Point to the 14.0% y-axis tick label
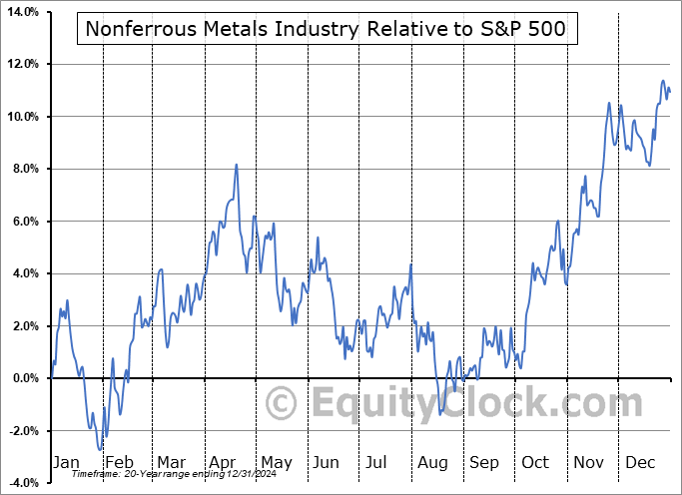[22, 12]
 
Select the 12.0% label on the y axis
[22, 64]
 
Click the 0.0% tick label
[24, 378]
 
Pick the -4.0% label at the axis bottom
[22, 483]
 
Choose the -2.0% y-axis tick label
[22, 430]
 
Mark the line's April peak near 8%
[236, 165]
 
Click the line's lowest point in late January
[100, 450]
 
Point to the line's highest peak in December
[662, 82]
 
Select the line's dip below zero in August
[440, 413]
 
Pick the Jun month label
[326, 463]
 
